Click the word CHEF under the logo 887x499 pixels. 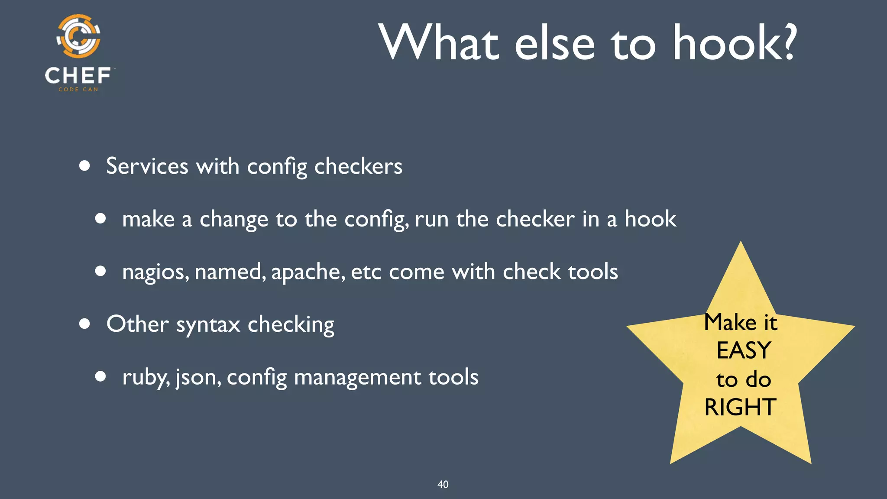[x=78, y=76]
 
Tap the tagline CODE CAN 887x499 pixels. [x=78, y=90]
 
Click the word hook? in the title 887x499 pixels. [x=734, y=43]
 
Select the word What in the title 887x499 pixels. [x=439, y=43]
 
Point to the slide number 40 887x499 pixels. [x=443, y=484]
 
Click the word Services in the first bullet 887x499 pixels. [x=147, y=166]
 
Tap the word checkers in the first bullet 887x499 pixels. [x=358, y=166]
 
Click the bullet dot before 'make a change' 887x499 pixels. [x=100, y=218]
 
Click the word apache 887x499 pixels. [x=308, y=272]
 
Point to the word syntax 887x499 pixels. [x=208, y=325]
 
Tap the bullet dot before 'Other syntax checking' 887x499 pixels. [x=84, y=324]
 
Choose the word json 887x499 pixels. [x=198, y=377]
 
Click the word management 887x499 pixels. [x=357, y=377]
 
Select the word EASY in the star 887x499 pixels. [x=744, y=350]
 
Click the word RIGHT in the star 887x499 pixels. [x=740, y=407]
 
